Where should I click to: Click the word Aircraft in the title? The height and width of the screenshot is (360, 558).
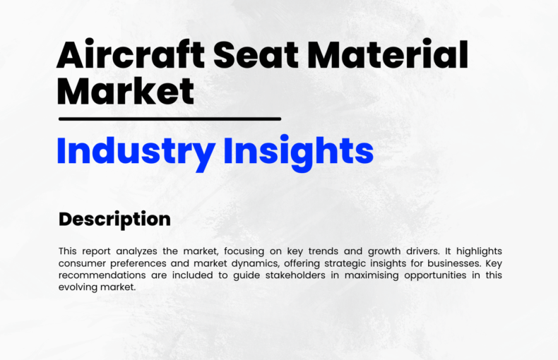click(x=131, y=54)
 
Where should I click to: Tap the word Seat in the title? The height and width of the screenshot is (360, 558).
click(x=256, y=54)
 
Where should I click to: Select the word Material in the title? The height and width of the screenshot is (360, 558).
click(x=387, y=54)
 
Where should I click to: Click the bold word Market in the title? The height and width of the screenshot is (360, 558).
click(x=125, y=91)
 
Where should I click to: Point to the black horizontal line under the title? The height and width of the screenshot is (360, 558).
click(x=170, y=119)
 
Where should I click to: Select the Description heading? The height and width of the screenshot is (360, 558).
click(x=114, y=219)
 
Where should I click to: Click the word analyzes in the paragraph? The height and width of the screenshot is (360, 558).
click(x=136, y=251)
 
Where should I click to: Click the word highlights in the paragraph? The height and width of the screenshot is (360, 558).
click(x=479, y=251)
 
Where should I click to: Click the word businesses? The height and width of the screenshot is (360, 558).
click(x=454, y=263)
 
